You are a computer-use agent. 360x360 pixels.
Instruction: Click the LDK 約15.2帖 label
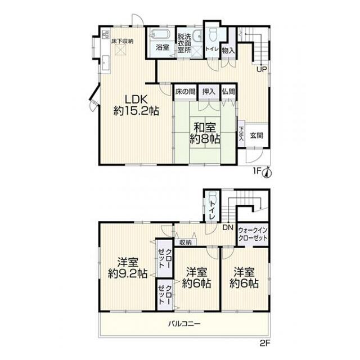(136, 105)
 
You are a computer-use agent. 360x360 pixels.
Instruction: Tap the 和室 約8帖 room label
(205, 133)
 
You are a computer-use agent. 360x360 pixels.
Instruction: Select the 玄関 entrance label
(256, 136)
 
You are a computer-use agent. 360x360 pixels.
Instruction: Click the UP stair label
(262, 69)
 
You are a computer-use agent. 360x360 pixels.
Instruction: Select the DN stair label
(228, 227)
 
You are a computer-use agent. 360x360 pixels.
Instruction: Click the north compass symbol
(268, 173)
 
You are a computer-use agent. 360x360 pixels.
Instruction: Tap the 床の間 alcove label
(185, 92)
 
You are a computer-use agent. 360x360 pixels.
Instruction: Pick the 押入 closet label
(209, 92)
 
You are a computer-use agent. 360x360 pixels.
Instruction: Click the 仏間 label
(229, 92)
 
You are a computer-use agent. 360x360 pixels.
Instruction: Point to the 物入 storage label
(228, 51)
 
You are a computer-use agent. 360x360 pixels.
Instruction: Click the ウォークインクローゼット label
(253, 234)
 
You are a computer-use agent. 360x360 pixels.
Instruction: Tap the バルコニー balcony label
(184, 324)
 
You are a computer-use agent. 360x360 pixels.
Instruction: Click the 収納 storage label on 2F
(185, 242)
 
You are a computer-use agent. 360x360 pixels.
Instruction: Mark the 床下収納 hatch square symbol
(120, 50)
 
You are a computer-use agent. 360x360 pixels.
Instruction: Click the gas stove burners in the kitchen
(106, 34)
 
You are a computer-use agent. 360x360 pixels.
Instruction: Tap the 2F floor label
(265, 343)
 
